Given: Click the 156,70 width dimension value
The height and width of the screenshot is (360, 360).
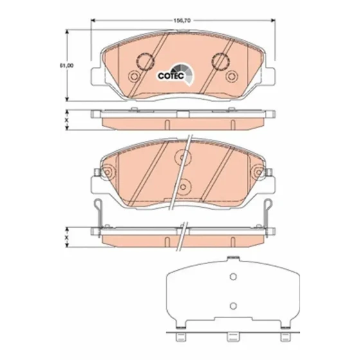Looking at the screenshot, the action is pos(182,21).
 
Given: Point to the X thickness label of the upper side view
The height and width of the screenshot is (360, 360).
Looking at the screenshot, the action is pos(67,120).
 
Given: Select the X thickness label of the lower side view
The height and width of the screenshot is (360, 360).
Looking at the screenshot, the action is pos(67,237).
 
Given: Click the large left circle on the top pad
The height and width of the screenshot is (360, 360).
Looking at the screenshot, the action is pos(145,61).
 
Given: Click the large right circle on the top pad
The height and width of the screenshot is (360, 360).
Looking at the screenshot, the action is pos(221,61).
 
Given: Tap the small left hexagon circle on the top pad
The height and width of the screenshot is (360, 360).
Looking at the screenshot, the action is pos(134,76).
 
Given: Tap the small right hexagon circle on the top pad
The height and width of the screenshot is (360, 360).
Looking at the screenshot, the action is pos(231,76).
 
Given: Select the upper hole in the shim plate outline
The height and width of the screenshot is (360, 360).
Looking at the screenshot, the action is pos(233,276).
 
